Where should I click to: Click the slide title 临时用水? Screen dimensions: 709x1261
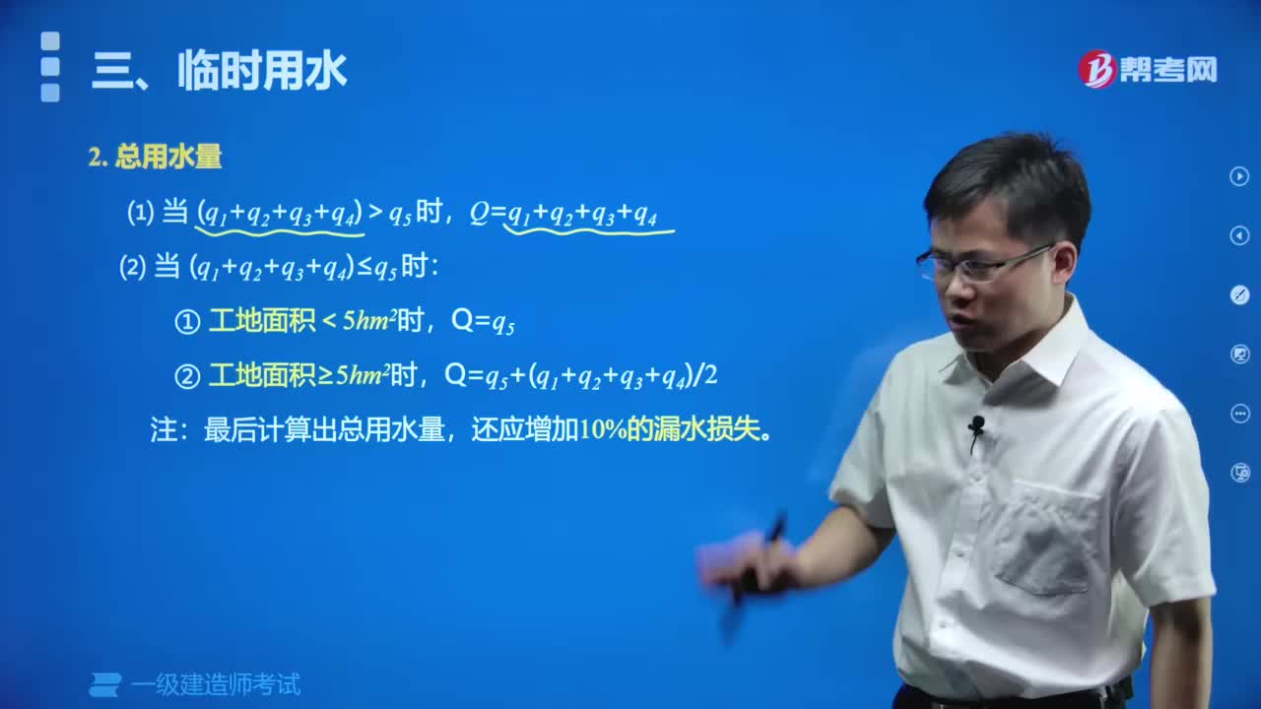[x=262, y=72]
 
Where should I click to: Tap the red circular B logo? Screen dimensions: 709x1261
[x=1096, y=69]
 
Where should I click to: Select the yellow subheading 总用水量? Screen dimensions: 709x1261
[x=168, y=157]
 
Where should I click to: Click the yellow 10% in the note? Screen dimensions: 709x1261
[x=603, y=430]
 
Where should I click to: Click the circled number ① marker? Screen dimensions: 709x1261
[x=187, y=322]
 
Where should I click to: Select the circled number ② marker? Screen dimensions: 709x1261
[x=187, y=375]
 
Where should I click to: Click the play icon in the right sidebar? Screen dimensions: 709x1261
[x=1239, y=176]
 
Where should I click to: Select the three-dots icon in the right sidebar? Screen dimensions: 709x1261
[x=1239, y=414]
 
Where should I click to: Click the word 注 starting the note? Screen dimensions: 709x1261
[x=163, y=430]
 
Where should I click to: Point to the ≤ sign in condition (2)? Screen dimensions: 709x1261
[x=364, y=268]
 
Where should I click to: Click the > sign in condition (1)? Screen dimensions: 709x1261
[x=375, y=212]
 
